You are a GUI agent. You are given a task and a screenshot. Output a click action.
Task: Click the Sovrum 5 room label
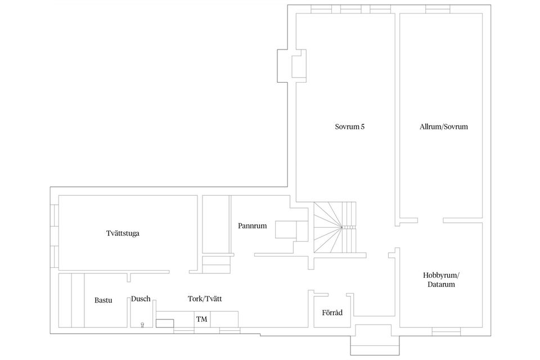[349, 127]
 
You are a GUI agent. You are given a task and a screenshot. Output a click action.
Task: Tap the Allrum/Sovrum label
[444, 127]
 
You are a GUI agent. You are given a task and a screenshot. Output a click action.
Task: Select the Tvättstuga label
[123, 233]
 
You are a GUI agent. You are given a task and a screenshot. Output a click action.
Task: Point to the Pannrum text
[253, 226]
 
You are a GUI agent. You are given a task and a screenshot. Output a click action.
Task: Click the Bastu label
[103, 300]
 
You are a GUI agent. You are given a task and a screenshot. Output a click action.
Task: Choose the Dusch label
[141, 299]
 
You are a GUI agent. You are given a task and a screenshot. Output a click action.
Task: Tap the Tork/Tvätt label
[205, 299]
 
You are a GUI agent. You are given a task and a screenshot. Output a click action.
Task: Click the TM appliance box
[202, 319]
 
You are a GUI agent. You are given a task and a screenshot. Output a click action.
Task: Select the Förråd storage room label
[332, 313]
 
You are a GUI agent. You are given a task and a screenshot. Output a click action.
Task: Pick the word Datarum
[441, 285]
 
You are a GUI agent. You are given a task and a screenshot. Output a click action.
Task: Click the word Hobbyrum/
[441, 276]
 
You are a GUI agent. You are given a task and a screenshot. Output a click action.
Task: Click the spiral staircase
[335, 227]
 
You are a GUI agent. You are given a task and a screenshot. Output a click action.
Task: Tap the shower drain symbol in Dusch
[142, 325]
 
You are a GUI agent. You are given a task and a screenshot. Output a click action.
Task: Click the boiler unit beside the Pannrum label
[291, 229]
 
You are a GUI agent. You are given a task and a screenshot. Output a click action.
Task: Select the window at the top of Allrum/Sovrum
[438, 10]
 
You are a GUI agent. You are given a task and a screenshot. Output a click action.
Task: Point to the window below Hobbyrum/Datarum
[446, 331]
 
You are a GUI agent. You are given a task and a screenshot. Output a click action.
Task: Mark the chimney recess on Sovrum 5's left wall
[292, 66]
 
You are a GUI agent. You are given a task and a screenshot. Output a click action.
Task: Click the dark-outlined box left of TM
[165, 323]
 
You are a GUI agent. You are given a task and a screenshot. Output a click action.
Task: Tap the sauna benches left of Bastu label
[71, 300]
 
